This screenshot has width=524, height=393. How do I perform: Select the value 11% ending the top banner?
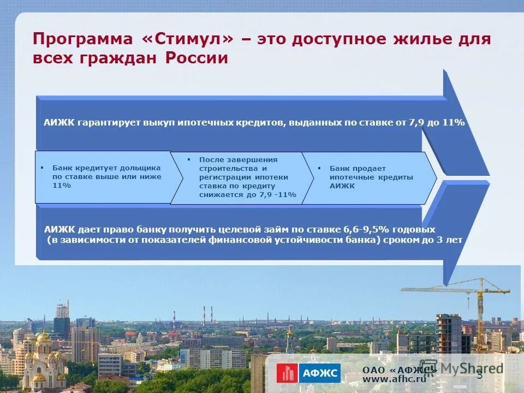point(452,123)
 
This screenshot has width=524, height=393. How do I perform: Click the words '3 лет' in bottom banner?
point(451,240)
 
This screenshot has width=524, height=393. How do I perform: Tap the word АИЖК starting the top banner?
point(58,123)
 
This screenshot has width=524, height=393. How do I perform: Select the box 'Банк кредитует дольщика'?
point(104,177)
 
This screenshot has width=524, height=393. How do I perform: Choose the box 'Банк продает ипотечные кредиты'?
point(368,177)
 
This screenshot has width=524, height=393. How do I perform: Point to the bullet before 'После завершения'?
point(188,159)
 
